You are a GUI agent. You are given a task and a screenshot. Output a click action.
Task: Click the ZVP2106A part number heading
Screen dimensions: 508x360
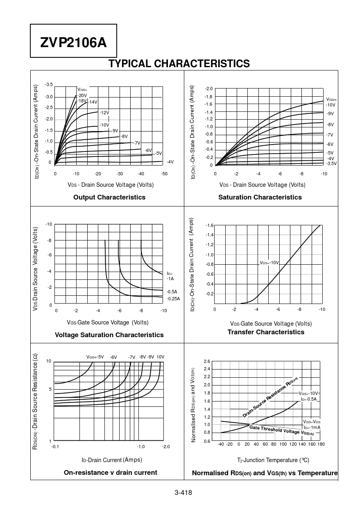73,42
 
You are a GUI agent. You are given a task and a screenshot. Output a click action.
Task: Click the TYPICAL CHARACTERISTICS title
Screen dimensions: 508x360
179,63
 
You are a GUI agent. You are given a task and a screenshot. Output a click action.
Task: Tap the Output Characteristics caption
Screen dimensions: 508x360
109,197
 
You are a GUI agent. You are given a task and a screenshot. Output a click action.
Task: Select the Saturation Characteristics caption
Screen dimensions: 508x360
260,197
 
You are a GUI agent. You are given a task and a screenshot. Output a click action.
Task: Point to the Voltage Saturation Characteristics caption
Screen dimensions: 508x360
109,335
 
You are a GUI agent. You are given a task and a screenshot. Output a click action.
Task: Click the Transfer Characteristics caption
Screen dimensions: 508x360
266,332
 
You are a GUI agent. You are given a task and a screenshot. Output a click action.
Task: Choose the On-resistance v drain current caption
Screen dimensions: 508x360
111,472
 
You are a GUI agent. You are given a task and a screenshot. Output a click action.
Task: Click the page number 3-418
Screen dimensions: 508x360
183,492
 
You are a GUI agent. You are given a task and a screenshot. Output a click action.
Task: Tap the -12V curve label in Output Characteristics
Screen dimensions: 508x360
104,113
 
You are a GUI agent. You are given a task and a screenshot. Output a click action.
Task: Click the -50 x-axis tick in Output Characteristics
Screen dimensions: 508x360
164,174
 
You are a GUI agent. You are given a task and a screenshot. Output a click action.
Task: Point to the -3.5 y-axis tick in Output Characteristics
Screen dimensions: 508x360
48,84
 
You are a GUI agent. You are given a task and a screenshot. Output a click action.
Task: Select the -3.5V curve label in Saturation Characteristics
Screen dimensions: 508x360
331,163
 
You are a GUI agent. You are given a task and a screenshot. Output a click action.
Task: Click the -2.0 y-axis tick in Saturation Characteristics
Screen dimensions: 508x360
208,89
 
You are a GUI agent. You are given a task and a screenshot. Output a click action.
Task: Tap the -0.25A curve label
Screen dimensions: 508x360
173,299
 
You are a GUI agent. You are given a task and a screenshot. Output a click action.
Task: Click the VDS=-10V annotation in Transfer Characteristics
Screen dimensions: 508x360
269,263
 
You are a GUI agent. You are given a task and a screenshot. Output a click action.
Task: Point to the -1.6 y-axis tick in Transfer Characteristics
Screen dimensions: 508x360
209,226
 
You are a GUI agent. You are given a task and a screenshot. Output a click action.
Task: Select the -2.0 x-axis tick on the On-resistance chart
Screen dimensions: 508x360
165,447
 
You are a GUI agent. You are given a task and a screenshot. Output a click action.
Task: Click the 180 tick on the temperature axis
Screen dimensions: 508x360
321,444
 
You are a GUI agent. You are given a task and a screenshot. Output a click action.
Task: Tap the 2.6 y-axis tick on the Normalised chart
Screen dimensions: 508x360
207,361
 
